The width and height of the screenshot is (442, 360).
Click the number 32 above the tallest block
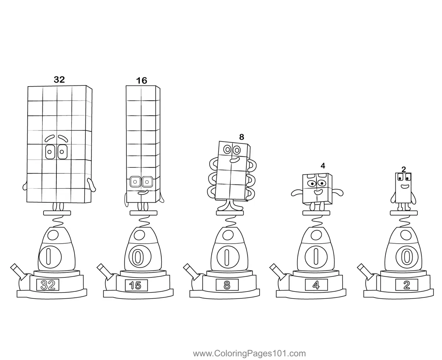59,80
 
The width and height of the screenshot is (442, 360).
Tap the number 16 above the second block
141,81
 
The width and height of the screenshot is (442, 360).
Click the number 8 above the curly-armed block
242,137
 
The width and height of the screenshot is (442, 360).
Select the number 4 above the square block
323,166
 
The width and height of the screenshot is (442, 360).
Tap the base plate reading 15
136,285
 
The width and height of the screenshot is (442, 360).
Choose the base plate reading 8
227,285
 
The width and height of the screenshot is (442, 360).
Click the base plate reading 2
406,285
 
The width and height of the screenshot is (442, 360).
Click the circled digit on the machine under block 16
137,258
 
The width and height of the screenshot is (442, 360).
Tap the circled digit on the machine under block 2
406,256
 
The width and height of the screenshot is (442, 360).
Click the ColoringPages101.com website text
249,354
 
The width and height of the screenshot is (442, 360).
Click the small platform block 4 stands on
316,213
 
